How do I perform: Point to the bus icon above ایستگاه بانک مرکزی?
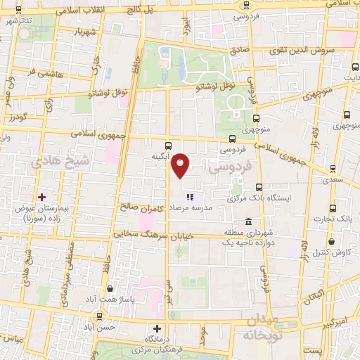tap(259, 187)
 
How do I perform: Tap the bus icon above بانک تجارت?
tap(332, 210)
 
